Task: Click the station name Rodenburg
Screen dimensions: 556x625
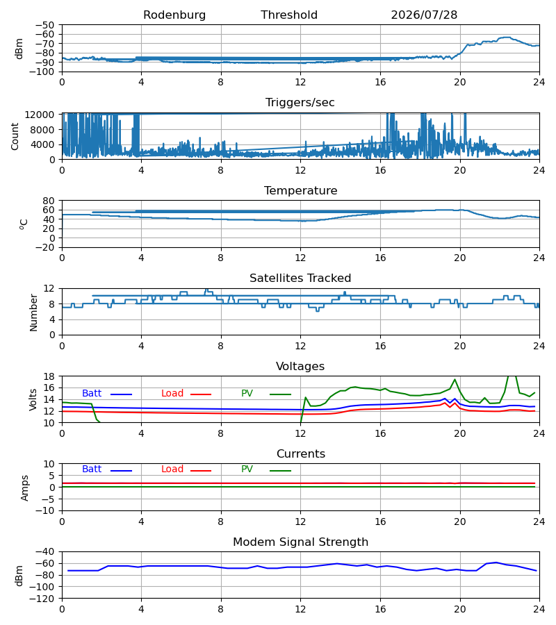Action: pos(174,15)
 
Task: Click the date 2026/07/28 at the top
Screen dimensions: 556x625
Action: pos(424,15)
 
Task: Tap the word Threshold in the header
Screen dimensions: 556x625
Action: pos(289,15)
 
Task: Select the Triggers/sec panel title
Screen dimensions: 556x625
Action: pos(300,103)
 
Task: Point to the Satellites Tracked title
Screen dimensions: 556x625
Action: pos(300,278)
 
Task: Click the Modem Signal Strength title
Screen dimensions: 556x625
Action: pos(301,542)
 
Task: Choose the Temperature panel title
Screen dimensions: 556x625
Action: pos(301,190)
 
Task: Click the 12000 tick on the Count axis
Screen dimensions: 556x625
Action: pos(40,115)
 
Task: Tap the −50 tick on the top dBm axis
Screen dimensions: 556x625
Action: pos(44,25)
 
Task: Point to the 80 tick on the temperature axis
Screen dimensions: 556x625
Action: pos(49,201)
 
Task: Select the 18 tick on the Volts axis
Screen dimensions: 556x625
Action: pos(49,376)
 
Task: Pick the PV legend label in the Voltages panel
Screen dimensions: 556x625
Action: pos(247,394)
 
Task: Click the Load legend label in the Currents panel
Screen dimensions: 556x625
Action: pos(172,469)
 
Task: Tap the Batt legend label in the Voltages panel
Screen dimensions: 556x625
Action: pos(92,394)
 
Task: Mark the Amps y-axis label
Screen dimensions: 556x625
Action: pos(25,488)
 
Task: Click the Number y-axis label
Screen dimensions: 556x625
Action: pos(33,312)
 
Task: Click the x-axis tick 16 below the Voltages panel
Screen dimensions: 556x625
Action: pos(380,433)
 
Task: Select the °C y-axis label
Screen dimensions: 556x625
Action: pos(24,224)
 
